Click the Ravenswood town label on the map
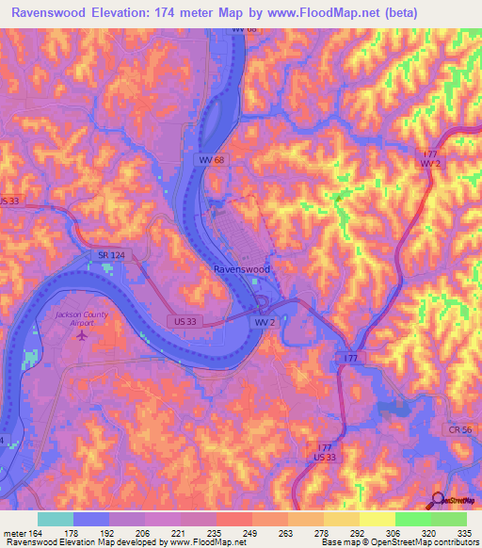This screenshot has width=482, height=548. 240,268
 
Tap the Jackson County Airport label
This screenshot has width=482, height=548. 82,317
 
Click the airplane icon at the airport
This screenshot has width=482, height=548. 83,333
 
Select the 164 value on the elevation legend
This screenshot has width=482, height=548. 34,532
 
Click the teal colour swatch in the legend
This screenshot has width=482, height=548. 56,519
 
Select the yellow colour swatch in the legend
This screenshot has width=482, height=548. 377,519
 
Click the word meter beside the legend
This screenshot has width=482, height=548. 13,532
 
